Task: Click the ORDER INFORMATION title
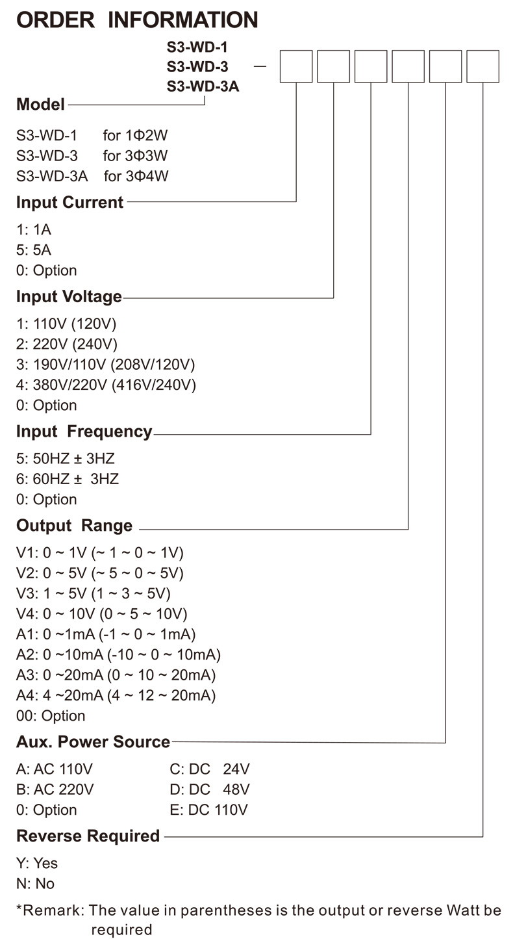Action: point(137,19)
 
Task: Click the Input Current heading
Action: point(69,202)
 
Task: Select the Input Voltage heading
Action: point(69,297)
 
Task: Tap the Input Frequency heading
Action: point(84,431)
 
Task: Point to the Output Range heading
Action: point(74,526)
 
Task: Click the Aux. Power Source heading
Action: point(93,741)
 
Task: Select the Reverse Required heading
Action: point(88,836)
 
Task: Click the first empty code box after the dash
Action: point(296,66)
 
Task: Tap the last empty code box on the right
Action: point(483,66)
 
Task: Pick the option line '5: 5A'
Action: point(34,250)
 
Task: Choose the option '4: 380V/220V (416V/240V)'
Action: point(106,385)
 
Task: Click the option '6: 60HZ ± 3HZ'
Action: point(68,480)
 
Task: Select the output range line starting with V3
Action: point(94,594)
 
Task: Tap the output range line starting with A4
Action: point(116,695)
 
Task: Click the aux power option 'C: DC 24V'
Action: point(209,769)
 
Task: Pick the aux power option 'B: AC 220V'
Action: point(55,790)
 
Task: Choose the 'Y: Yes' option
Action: point(37,863)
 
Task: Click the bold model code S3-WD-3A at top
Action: point(203,86)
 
